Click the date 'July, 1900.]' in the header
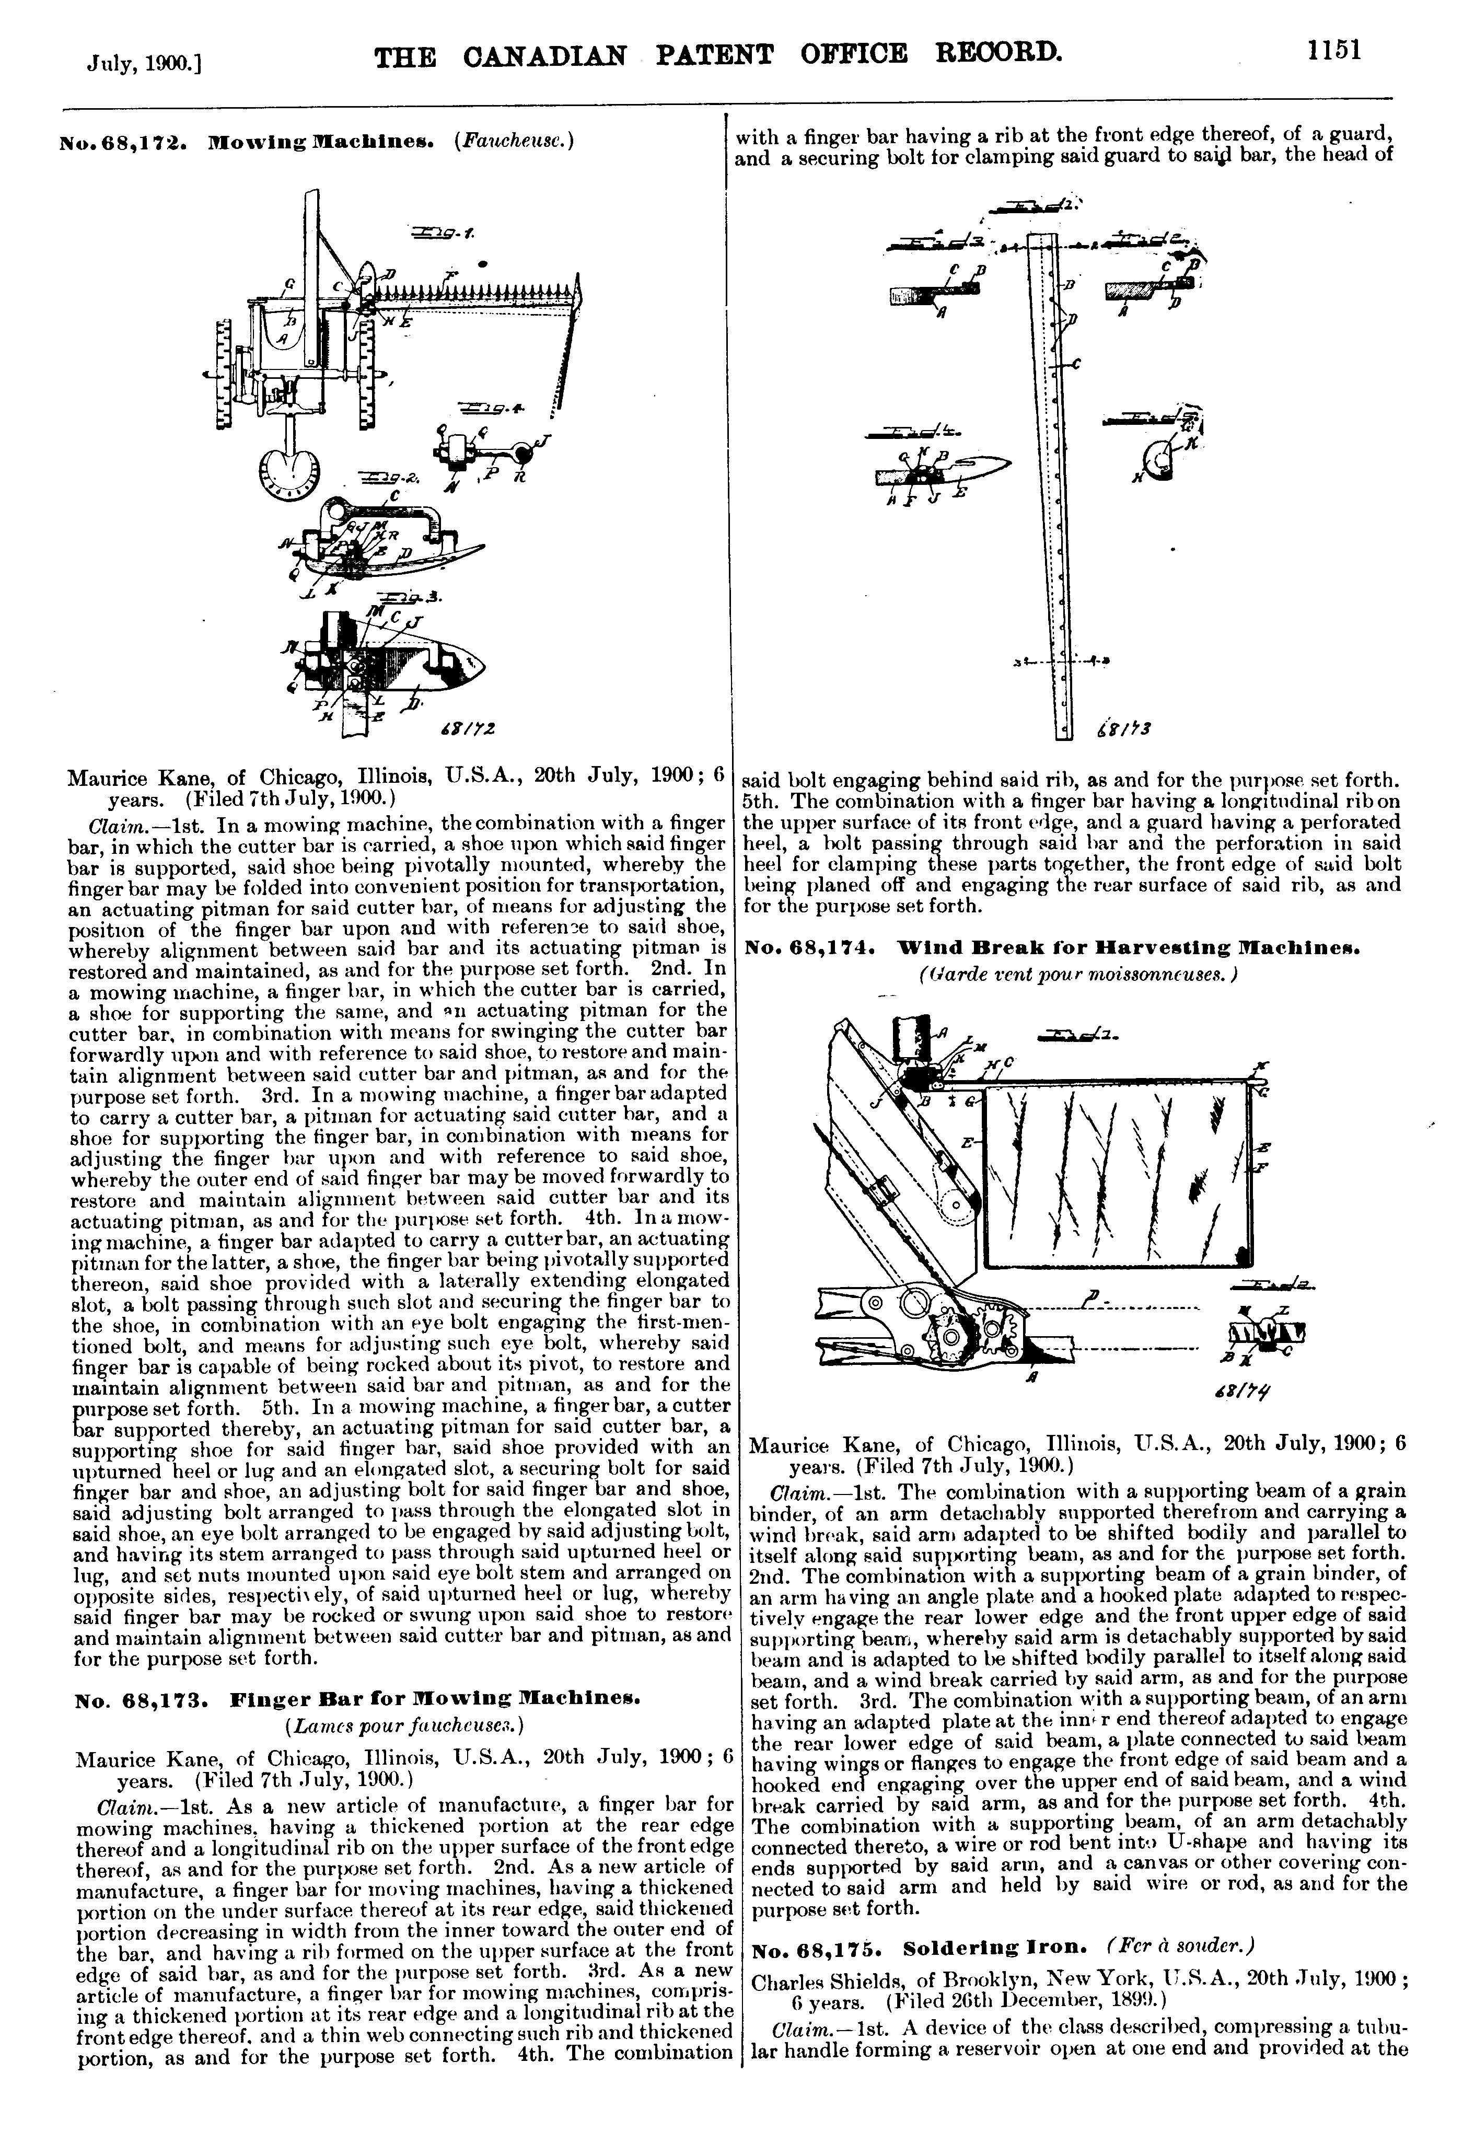(x=144, y=62)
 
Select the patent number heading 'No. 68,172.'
(x=126, y=144)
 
